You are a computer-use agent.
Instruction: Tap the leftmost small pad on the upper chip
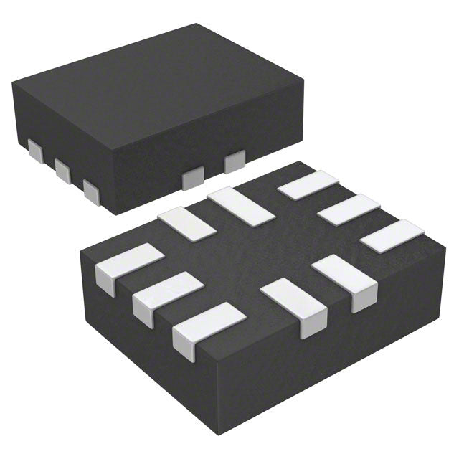pyautogui.click(x=34, y=149)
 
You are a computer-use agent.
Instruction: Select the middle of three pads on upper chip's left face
pyautogui.click(x=62, y=169)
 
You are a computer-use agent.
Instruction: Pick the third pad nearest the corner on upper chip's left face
pyautogui.click(x=91, y=189)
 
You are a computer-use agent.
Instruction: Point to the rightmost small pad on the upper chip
pyautogui.click(x=235, y=163)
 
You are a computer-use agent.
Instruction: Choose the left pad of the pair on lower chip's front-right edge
pyautogui.click(x=294, y=305)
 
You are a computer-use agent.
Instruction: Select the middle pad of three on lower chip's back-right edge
pyautogui.click(x=349, y=209)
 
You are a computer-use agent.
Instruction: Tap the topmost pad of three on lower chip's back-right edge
pyautogui.click(x=308, y=185)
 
